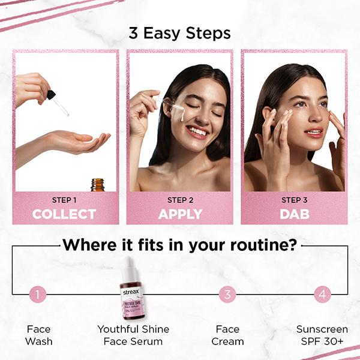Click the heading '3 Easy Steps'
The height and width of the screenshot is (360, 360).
coord(179,32)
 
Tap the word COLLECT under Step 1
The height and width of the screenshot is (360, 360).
coord(64,214)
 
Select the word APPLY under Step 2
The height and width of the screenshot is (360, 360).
coord(180,214)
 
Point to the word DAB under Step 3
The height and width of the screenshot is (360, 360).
coord(295,214)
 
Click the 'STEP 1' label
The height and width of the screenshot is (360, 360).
coord(64,200)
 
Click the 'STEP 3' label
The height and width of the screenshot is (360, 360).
coord(295,200)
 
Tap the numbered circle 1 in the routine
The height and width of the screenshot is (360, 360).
coord(38,295)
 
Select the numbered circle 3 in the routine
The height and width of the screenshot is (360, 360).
coord(227,295)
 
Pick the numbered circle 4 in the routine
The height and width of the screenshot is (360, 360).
coord(323,295)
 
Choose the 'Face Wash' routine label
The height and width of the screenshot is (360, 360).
coord(38,335)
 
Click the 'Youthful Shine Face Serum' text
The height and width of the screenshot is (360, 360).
coord(133,335)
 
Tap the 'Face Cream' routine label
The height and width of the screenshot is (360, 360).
coord(227,335)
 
